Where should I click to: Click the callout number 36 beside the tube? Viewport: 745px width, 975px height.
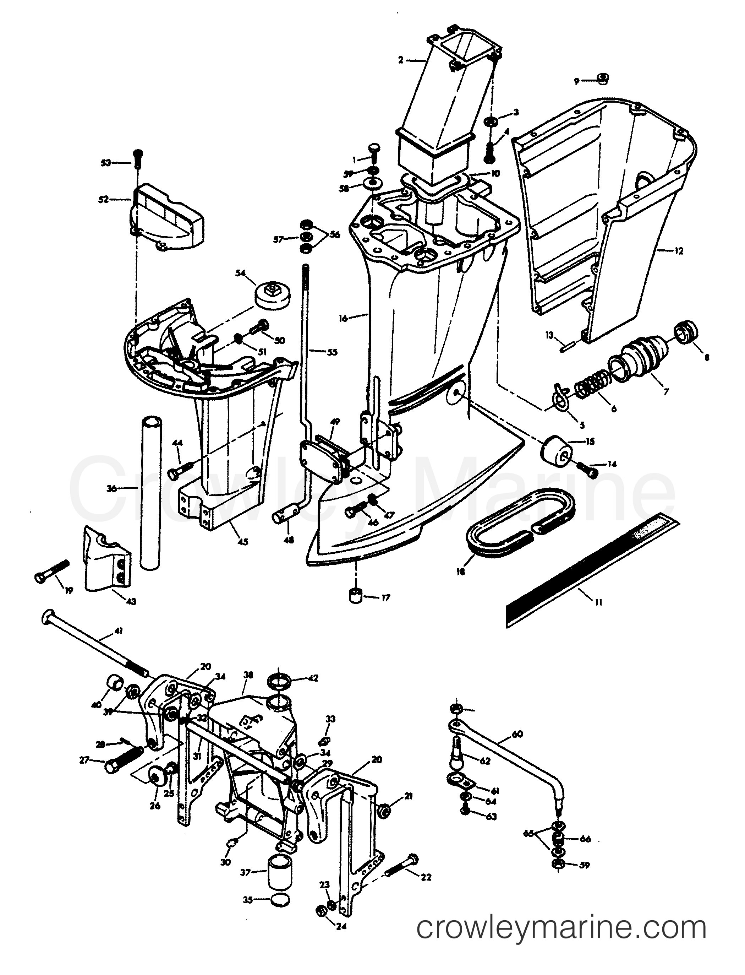coord(111,489)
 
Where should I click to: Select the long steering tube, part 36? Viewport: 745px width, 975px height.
coord(151,493)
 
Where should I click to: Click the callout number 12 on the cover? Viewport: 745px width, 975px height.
coord(679,251)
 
